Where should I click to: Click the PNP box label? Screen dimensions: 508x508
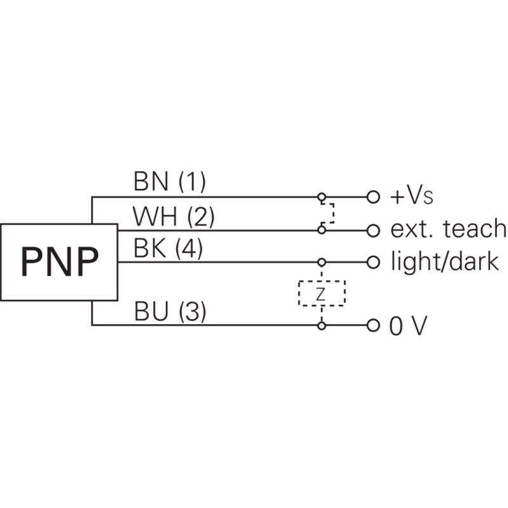point(59,261)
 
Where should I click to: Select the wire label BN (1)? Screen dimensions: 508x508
point(170,183)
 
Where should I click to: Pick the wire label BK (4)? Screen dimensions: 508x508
point(168,248)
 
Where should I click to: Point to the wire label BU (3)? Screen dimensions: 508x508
point(170,312)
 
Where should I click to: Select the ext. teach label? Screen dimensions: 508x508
point(448,229)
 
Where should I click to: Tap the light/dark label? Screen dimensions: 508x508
point(444,262)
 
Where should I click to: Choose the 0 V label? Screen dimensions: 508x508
point(408,326)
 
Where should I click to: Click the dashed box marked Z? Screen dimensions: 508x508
point(321,293)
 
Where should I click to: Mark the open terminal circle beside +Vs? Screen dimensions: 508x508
point(373,197)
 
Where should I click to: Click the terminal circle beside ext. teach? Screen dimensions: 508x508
point(373,229)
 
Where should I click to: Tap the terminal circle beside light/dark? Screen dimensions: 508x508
point(373,262)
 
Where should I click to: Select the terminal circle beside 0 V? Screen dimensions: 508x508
point(373,326)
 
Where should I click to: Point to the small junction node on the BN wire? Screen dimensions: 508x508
point(322,197)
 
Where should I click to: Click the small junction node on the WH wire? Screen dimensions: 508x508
point(322,229)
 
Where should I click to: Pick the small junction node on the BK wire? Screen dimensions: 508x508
point(322,262)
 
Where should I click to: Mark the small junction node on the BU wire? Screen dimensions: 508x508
point(322,326)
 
